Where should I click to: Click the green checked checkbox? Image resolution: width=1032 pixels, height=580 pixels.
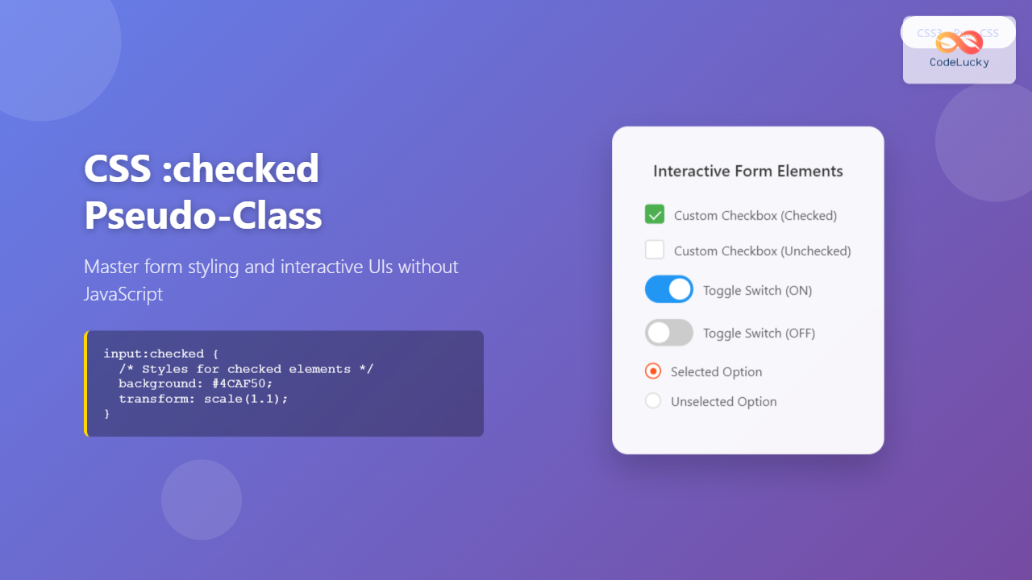point(655,214)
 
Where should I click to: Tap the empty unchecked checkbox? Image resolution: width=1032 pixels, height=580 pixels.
point(655,250)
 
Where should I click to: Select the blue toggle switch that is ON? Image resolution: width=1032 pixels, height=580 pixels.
point(669,289)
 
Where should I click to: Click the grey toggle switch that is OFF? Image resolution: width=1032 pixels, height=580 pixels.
point(669,333)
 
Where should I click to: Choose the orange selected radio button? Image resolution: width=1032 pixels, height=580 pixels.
point(653,371)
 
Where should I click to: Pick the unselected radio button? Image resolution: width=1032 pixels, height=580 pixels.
point(653,401)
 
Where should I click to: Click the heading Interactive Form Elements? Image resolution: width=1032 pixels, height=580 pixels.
point(748,171)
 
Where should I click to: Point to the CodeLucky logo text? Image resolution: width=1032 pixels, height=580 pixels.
point(959,62)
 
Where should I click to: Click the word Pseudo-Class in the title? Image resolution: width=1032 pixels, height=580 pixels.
point(203,215)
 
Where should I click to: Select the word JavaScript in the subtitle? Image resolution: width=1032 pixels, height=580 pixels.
point(123,294)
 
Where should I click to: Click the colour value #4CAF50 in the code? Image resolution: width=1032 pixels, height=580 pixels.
point(243,383)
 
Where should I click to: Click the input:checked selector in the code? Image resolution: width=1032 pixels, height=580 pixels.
point(154,354)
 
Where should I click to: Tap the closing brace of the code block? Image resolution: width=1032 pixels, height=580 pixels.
point(106,413)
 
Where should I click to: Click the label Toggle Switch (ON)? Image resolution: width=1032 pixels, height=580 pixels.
point(757,290)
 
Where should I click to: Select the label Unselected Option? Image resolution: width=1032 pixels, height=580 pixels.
point(723,401)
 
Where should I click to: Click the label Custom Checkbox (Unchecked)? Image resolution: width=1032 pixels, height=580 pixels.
point(762,251)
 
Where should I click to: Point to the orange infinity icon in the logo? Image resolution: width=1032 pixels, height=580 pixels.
point(959,40)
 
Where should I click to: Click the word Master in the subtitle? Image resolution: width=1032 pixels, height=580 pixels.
point(109,267)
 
